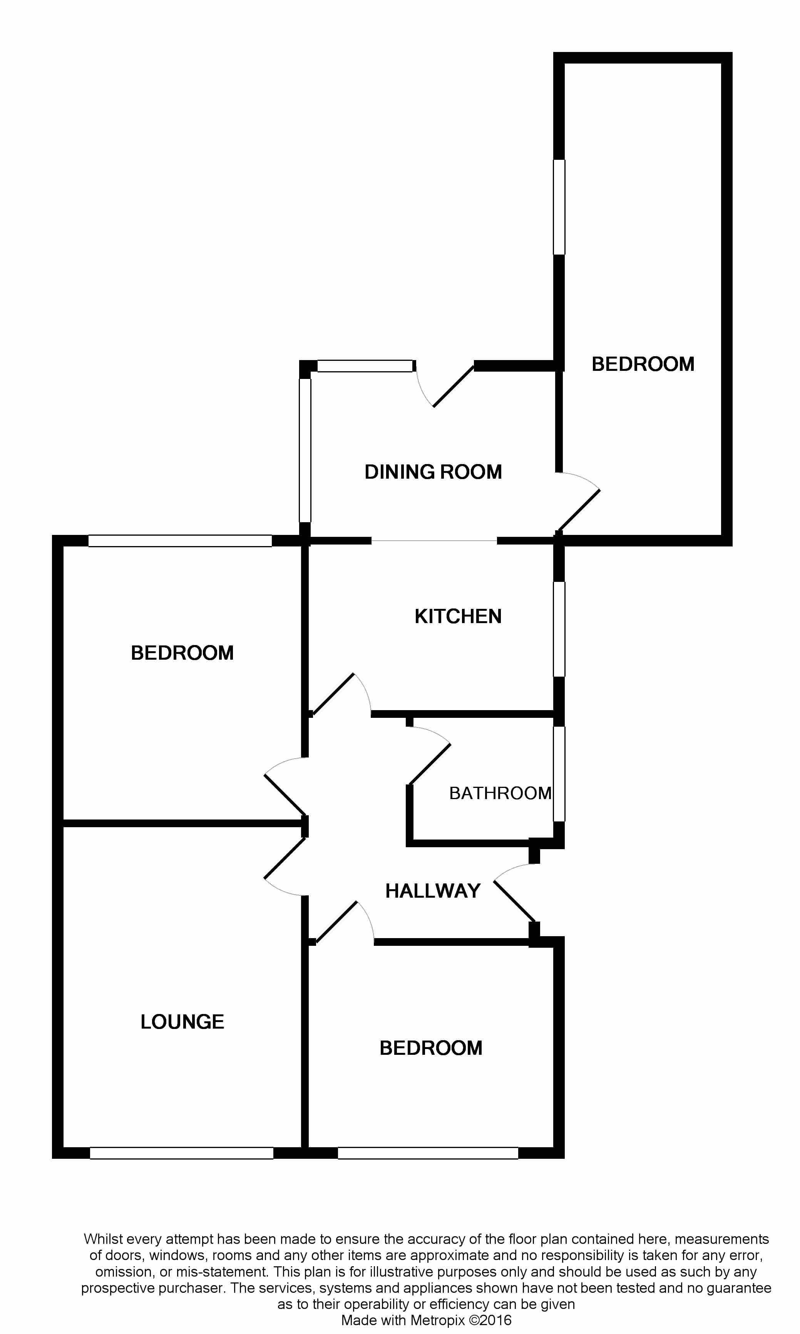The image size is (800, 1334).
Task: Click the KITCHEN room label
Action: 458,616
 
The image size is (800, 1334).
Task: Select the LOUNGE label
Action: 182,1021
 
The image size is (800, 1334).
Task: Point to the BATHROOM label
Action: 500,793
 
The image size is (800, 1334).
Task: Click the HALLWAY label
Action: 432,891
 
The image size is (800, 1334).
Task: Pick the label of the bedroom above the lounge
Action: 182,653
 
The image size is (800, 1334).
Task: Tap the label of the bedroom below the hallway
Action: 431,1048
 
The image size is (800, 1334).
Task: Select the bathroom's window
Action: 559,773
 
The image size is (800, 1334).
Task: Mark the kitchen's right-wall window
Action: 559,629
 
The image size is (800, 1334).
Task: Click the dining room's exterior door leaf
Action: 453,386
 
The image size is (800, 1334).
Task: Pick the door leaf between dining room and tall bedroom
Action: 578,511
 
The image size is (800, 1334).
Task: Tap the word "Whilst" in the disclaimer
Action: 103,1239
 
